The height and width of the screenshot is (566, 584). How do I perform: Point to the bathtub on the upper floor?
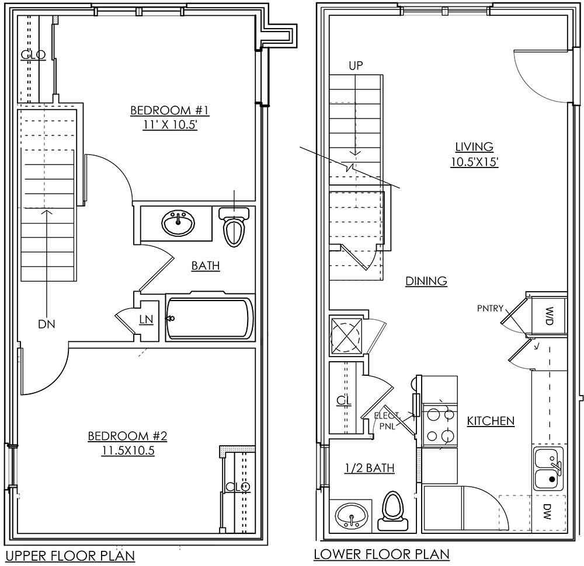[x=210, y=319]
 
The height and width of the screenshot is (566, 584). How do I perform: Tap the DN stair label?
[x=47, y=324]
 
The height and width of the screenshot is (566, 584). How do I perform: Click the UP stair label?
[x=356, y=66]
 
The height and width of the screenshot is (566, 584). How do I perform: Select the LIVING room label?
[x=474, y=147]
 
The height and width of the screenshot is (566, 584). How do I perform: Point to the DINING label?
[x=426, y=281]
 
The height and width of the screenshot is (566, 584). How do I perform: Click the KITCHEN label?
[x=491, y=421]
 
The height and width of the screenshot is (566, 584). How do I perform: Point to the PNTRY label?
[x=489, y=308]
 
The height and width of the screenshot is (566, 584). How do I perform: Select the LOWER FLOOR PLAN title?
[x=381, y=554]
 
